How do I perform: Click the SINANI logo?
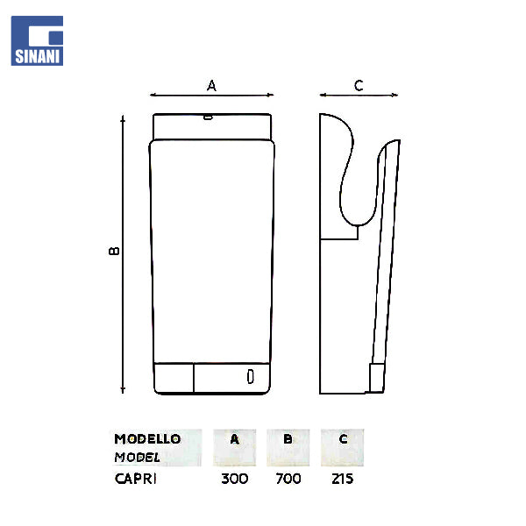[x=37, y=40]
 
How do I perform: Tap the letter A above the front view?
[x=211, y=86]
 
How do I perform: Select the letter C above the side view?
[x=359, y=86]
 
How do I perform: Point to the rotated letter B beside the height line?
[x=114, y=251]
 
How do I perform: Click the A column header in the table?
[x=234, y=439]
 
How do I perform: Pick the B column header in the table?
[x=288, y=439]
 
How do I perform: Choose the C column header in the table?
[x=343, y=439]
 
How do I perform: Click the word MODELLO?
[x=147, y=439]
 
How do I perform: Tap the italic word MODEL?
[x=138, y=458]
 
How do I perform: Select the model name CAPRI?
[x=136, y=479]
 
